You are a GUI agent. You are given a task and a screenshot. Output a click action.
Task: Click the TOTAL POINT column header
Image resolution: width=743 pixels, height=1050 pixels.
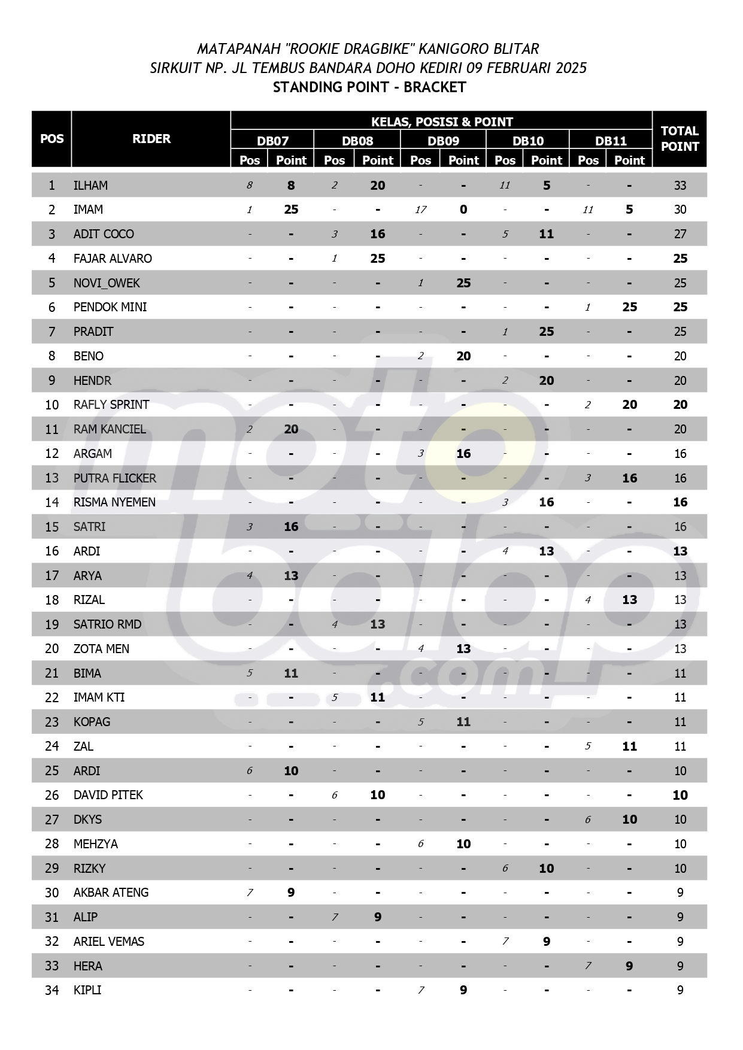679,138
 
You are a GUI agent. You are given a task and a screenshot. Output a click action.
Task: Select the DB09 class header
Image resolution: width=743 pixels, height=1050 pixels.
443,141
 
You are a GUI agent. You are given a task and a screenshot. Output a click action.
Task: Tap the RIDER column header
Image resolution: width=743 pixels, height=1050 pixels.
151,138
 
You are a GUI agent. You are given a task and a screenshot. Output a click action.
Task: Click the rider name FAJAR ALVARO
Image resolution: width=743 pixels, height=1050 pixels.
113,259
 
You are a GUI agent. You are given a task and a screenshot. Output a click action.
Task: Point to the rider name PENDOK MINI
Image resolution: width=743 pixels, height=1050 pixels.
110,307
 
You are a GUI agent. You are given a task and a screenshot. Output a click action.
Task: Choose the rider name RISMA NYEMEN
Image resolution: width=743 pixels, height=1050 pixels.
114,502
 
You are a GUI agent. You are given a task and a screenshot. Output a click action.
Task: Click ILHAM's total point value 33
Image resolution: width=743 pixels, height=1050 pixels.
680,186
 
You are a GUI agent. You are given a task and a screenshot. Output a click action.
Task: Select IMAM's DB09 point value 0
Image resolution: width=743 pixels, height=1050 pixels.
463,210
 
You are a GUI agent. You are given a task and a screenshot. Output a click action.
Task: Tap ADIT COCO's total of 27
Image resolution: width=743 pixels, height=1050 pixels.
680,234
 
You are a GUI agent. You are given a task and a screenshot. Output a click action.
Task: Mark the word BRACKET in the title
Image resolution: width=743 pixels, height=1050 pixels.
435,87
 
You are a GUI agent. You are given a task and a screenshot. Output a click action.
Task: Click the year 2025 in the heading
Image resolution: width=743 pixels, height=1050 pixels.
571,68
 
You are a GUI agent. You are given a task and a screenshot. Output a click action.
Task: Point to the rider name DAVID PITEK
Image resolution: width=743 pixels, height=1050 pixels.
108,795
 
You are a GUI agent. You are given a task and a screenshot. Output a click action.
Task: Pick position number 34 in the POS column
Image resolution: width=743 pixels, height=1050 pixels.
52,990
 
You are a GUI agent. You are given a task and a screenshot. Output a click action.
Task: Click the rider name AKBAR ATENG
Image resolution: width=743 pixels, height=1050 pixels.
111,893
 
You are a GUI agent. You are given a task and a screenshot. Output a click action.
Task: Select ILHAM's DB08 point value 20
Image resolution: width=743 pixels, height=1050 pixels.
377,186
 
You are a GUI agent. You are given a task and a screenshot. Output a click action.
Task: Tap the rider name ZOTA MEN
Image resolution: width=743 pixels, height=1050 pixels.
101,649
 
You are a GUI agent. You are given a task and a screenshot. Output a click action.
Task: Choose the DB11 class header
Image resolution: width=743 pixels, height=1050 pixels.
611,141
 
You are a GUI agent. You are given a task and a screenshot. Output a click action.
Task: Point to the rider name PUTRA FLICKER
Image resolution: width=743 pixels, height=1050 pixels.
114,478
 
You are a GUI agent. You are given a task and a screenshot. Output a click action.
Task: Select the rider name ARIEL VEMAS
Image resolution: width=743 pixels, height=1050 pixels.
108,942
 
